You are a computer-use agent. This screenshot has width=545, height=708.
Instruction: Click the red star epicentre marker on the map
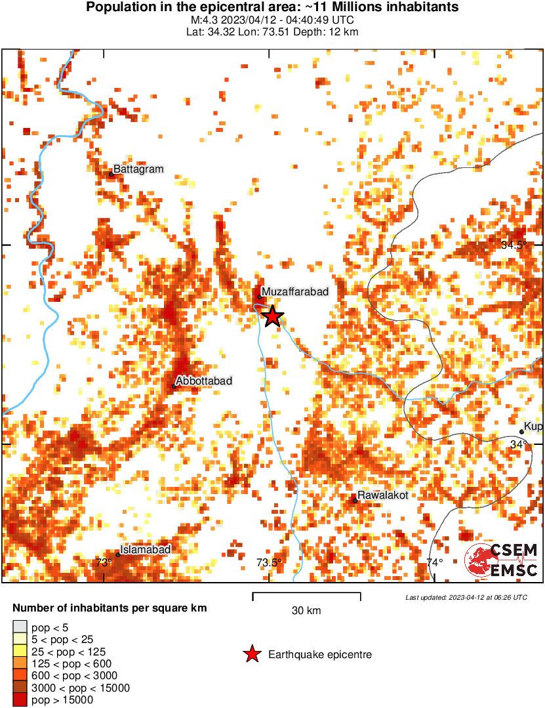(273, 317)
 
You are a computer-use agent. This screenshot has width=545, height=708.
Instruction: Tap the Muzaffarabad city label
(294, 291)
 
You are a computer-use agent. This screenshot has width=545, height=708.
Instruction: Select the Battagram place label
(138, 169)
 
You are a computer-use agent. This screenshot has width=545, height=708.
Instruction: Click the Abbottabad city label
(204, 381)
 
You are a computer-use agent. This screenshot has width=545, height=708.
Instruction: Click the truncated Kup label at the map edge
(533, 427)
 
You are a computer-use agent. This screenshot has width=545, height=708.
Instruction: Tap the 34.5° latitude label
(514, 245)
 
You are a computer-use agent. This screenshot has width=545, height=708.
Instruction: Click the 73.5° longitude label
(270, 562)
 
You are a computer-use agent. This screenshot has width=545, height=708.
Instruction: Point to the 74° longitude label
(434, 562)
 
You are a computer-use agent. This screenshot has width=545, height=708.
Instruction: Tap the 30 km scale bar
(306, 596)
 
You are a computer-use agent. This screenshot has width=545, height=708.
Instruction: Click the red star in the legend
(251, 654)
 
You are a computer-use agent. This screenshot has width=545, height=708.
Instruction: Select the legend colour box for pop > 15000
(20, 700)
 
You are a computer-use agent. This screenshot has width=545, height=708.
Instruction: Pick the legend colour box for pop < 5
(20, 628)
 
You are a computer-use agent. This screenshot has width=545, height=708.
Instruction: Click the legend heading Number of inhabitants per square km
(110, 608)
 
